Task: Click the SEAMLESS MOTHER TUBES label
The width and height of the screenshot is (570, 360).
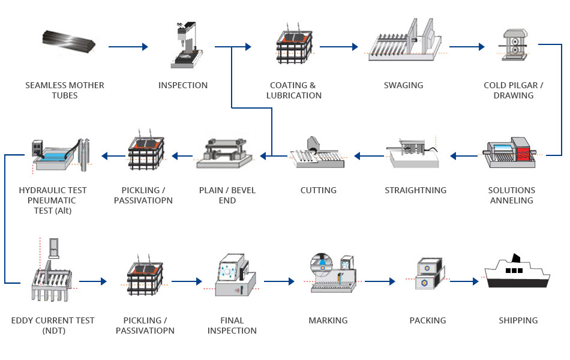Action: [64, 90]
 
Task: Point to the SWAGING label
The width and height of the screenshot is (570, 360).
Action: [403, 85]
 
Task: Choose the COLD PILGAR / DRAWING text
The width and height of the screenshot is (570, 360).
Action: [513, 90]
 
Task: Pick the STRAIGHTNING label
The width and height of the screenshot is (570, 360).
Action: [415, 190]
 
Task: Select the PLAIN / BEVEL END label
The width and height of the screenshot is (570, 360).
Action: [227, 195]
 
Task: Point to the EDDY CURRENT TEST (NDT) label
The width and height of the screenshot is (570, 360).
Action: [53, 325]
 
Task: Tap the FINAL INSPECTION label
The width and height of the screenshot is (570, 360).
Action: [232, 325]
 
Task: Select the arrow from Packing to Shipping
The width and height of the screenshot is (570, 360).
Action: [464, 281]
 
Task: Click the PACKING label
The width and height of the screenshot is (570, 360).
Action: [427, 320]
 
